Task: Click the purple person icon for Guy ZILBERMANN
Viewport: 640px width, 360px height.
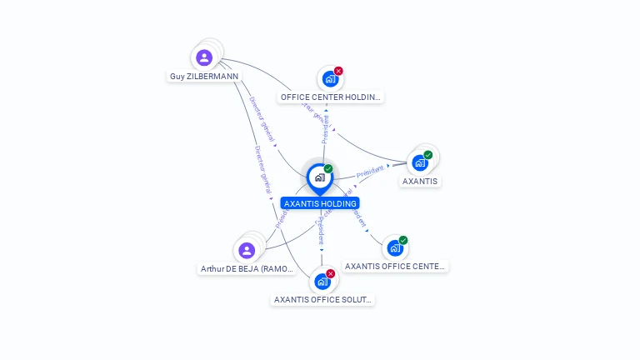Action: click(x=204, y=57)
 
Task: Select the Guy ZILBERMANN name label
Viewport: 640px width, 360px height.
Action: click(x=204, y=76)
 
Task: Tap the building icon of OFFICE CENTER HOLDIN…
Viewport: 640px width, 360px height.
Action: click(x=330, y=79)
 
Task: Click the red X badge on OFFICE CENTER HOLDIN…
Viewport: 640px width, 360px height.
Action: click(x=338, y=71)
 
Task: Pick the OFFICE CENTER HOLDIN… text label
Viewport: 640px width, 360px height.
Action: click(x=331, y=97)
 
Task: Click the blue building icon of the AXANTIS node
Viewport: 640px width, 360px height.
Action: click(x=420, y=162)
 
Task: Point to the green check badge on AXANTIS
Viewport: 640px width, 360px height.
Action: click(x=428, y=155)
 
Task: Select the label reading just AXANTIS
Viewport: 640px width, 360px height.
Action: click(x=420, y=181)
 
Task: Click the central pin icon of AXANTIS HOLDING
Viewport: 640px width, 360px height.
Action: click(x=319, y=177)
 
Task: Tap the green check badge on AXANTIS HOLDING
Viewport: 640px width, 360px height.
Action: click(x=328, y=169)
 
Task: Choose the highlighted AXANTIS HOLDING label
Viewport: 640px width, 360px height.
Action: click(x=320, y=203)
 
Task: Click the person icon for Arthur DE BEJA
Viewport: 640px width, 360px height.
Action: click(x=246, y=250)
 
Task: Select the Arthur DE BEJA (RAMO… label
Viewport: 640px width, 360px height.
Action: click(x=247, y=269)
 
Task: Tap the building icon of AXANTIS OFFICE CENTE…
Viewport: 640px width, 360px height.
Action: click(x=395, y=248)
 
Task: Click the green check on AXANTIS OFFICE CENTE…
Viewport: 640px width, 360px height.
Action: click(x=403, y=240)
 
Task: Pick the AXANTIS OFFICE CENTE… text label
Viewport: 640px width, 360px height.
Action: click(x=396, y=267)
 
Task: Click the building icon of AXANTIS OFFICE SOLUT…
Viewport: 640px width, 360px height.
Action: click(x=322, y=282)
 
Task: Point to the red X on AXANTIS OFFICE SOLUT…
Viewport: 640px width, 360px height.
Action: click(x=331, y=273)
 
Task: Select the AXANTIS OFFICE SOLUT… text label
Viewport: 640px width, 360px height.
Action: click(x=323, y=299)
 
